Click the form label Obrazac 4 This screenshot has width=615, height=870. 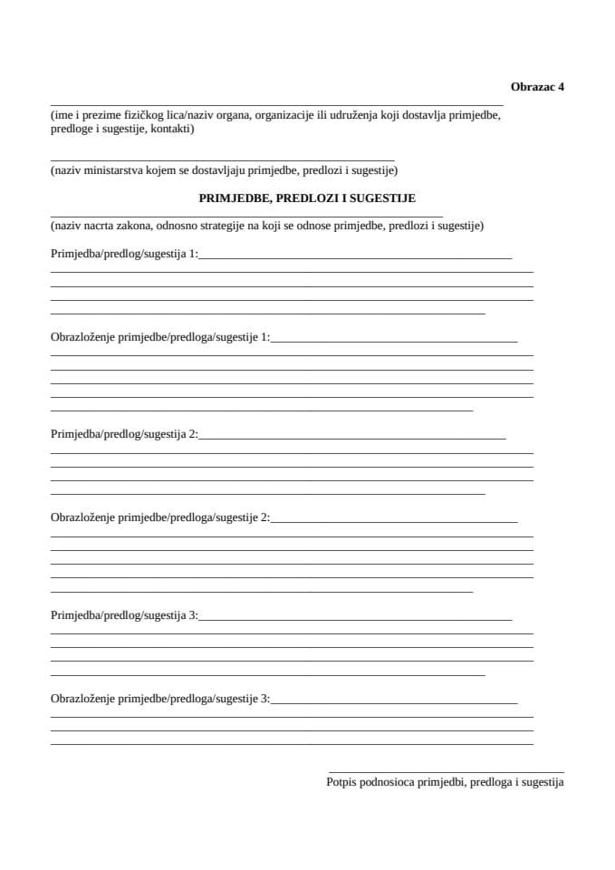(x=537, y=88)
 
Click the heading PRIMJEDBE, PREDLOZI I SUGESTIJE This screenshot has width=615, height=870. (x=307, y=198)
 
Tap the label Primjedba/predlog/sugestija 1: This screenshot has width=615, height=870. (x=124, y=255)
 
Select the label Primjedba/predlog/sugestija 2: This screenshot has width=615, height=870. (x=124, y=434)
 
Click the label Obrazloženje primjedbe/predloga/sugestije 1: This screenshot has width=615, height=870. (x=160, y=338)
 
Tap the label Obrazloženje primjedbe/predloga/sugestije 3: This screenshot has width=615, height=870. (x=160, y=699)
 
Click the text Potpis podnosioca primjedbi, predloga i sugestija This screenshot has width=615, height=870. (x=445, y=782)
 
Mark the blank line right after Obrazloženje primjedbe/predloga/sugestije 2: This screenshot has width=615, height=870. (x=394, y=523)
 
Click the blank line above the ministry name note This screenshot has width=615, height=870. (x=222, y=159)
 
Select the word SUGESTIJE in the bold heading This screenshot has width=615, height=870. (x=385, y=198)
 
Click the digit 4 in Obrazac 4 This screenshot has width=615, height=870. (x=561, y=88)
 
